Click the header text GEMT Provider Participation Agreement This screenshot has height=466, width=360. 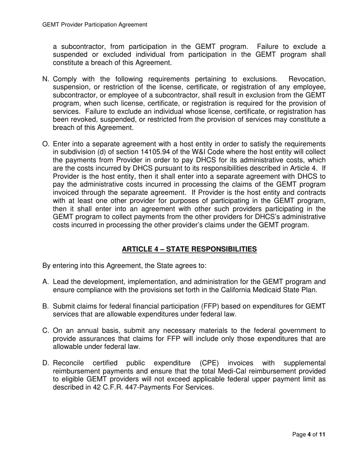tap(95, 25)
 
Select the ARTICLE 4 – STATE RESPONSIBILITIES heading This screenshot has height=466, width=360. tap(189, 249)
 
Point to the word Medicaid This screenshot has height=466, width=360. tap(269, 290)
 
